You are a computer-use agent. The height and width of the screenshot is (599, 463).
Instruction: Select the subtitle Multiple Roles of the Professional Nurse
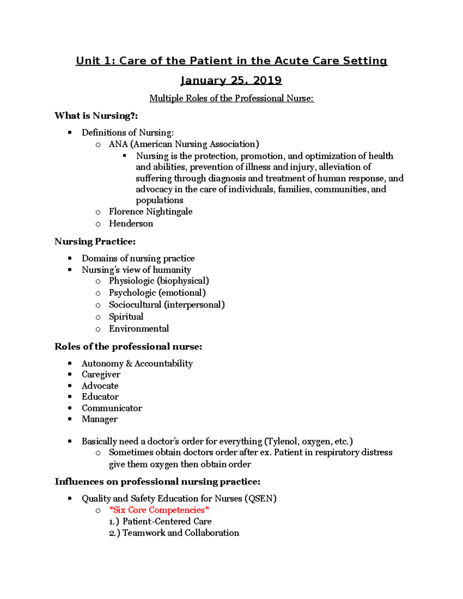(x=231, y=98)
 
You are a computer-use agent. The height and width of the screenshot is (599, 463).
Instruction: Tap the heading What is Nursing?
(x=96, y=116)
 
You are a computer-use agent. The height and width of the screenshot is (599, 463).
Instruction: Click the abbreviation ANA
(x=118, y=144)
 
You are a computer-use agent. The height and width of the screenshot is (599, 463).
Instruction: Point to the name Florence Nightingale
(x=150, y=212)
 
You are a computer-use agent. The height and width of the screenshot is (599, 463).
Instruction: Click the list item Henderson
(x=131, y=224)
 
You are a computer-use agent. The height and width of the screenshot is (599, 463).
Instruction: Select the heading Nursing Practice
(x=95, y=241)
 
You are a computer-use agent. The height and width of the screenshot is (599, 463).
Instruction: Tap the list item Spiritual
(x=126, y=317)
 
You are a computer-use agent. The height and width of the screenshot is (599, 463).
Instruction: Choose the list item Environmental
(x=139, y=329)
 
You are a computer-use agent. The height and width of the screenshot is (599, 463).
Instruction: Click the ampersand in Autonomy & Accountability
(x=129, y=364)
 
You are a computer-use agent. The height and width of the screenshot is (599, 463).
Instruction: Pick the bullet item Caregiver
(x=101, y=375)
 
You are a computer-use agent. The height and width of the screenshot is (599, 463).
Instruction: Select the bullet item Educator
(x=100, y=397)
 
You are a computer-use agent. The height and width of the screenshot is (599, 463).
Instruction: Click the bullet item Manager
(x=100, y=419)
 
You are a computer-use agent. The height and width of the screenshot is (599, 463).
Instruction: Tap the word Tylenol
(x=282, y=442)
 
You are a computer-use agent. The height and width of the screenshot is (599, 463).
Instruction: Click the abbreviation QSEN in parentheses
(x=260, y=499)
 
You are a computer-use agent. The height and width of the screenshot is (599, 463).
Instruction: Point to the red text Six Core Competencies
(x=159, y=510)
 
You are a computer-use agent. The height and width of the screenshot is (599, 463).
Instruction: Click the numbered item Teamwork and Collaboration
(x=181, y=533)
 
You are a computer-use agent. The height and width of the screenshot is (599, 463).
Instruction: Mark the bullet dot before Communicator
(x=70, y=408)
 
